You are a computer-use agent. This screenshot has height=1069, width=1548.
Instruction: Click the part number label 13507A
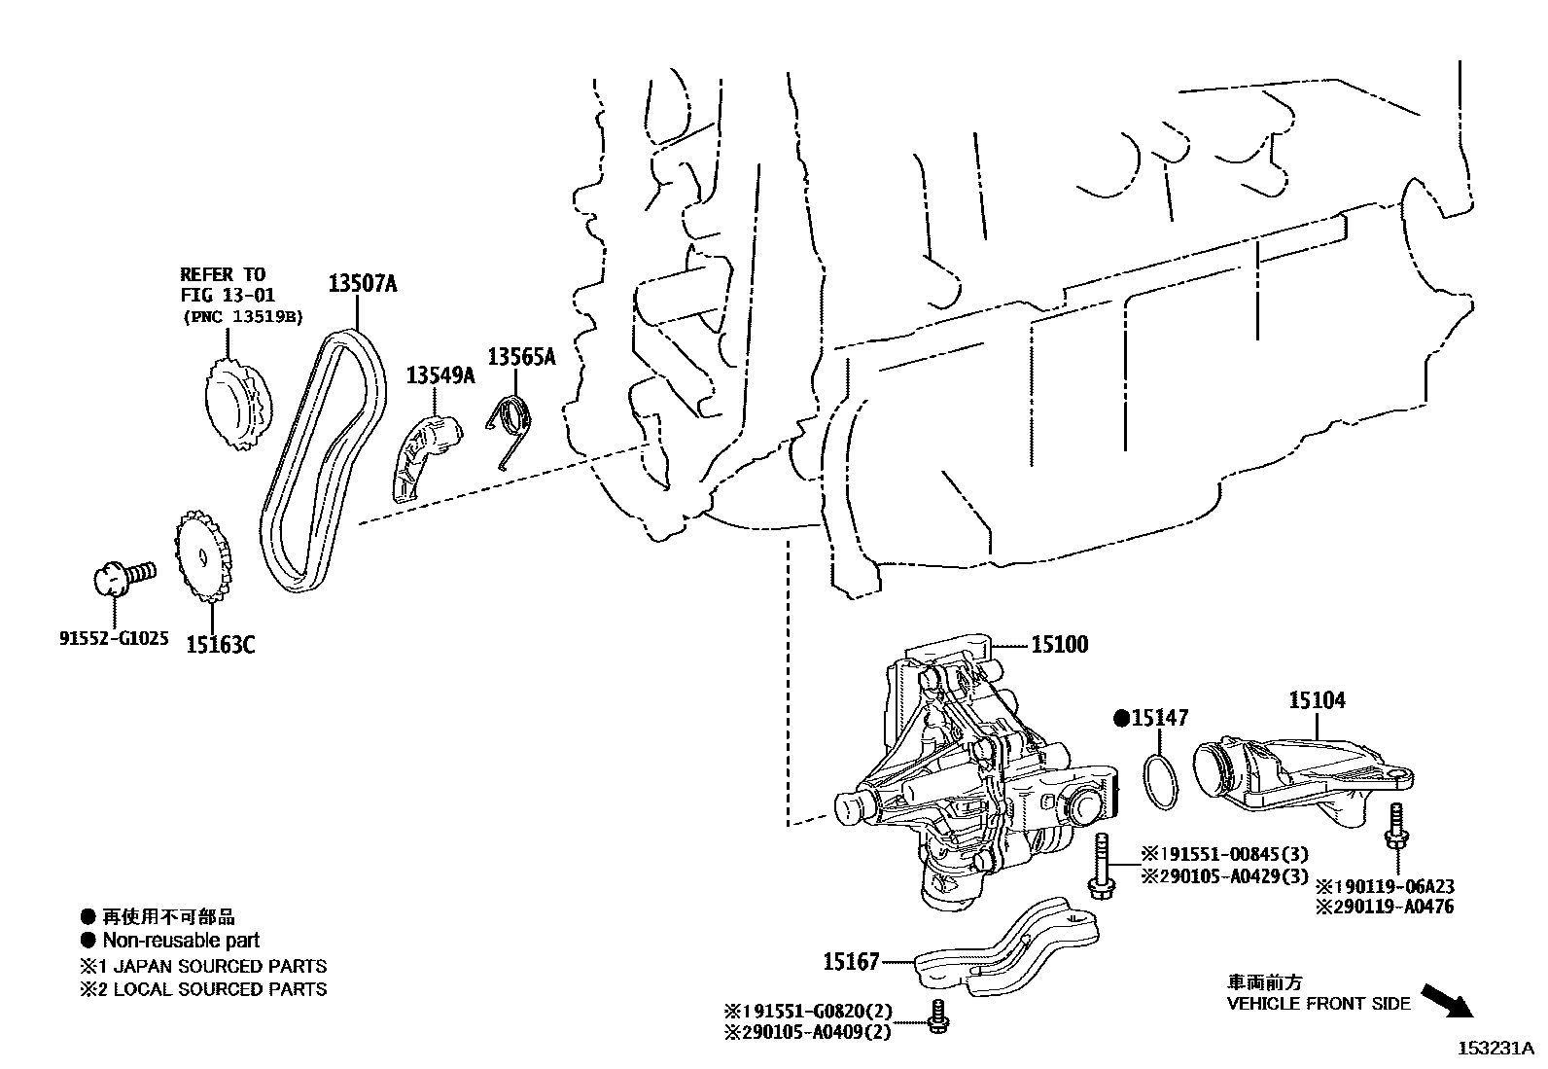pos(362,285)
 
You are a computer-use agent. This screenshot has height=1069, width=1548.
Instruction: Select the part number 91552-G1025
pos(114,639)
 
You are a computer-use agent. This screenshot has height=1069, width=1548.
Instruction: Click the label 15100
pos(1060,644)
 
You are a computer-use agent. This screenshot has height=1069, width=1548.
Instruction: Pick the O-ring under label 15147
pos(1156,782)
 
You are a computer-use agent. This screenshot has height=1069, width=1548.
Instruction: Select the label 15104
pos(1317,699)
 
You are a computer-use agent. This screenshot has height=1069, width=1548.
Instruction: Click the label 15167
pos(852,962)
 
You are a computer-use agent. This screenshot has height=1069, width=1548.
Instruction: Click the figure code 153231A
pos(1493,1049)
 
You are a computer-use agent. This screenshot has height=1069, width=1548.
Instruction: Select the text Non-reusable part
pos(181,941)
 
